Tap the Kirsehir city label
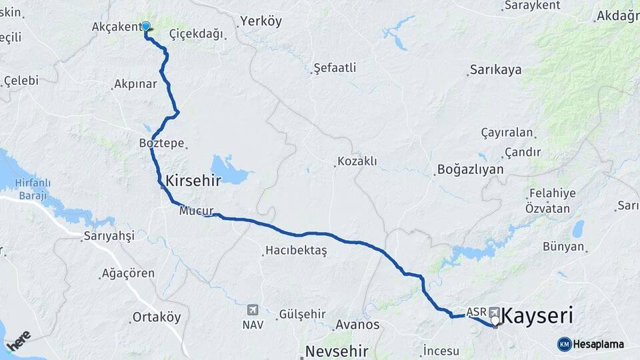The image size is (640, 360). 193,180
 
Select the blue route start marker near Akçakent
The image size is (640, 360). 146,27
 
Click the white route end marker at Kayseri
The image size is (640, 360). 495,321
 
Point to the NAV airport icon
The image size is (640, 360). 253,310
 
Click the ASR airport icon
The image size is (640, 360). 495,311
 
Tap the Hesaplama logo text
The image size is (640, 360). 598,344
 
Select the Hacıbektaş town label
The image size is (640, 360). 296,251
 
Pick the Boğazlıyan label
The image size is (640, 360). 470,169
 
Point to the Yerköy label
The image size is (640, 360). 261,21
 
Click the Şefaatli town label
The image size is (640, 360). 335,67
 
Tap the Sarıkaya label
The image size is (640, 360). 495,69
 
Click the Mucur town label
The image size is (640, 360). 196,211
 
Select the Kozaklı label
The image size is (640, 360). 357,161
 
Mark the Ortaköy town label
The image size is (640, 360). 157,317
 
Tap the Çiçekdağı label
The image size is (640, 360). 196,34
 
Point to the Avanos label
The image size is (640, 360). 357,325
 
